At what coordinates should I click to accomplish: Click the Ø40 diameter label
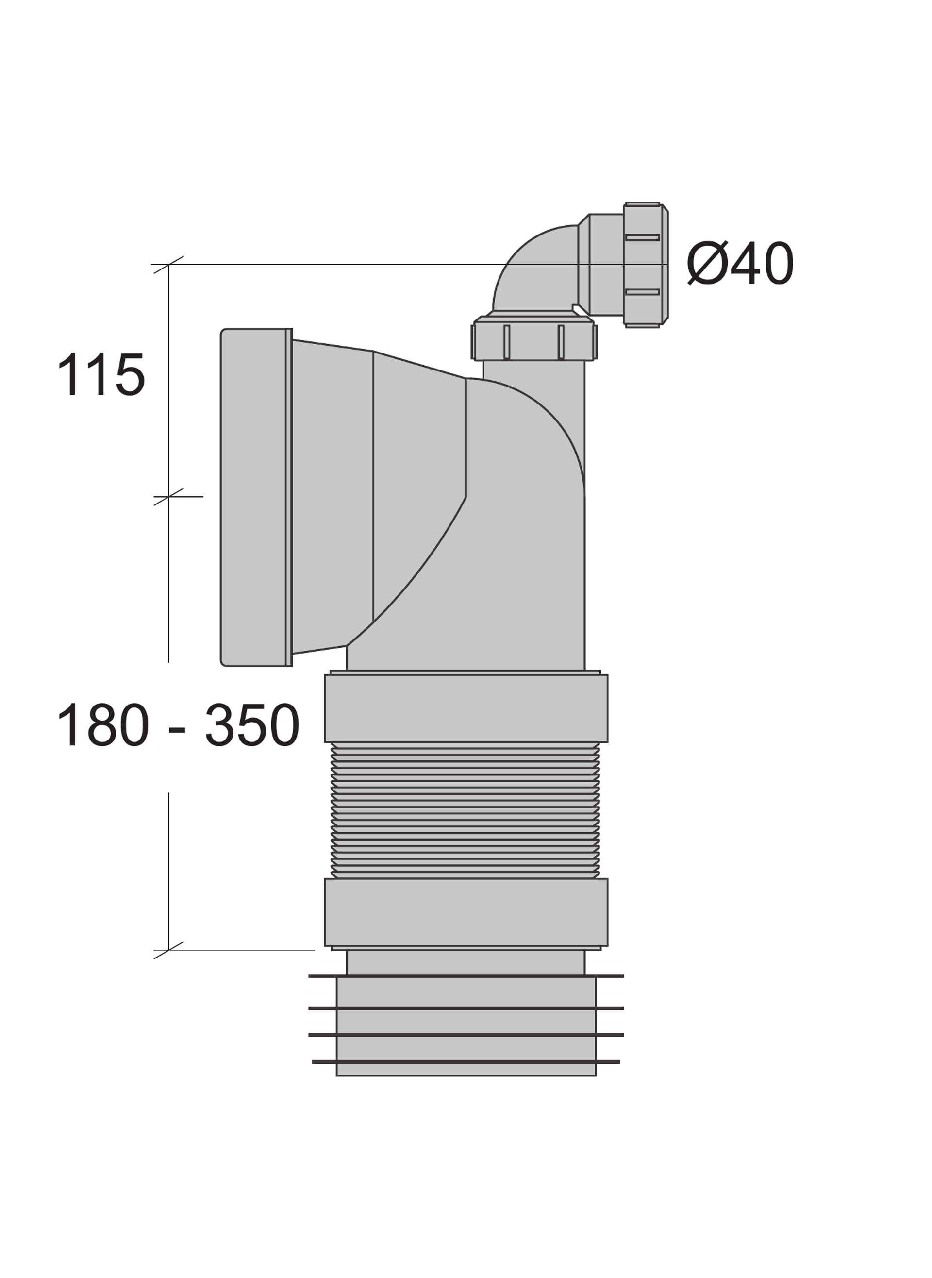coord(741,264)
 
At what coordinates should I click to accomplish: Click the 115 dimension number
coord(101,374)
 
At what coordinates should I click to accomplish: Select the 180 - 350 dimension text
coord(178,725)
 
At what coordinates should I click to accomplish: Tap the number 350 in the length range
coord(251,725)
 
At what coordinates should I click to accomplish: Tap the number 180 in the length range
coord(103,725)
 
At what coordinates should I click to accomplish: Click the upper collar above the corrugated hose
coord(466,708)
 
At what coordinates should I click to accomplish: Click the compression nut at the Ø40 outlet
coord(646,265)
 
